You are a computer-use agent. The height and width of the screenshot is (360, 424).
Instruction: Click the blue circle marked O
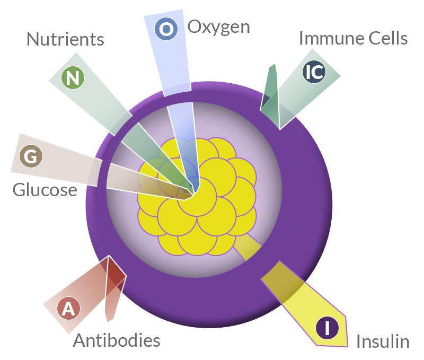166,29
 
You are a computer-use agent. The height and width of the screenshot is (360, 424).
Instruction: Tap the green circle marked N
73,78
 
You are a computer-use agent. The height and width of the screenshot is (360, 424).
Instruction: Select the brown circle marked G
31,156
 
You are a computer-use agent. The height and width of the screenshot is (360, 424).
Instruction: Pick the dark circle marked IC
314,72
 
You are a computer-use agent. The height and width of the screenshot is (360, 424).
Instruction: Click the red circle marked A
68,309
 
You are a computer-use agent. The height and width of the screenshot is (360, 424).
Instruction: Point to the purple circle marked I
327,328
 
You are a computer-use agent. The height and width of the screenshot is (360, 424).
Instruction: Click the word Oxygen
219,28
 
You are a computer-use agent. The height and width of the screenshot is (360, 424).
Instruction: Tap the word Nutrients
65,39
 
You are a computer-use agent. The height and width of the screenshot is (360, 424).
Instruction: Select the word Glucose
45,190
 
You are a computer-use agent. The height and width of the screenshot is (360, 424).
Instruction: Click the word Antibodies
117,340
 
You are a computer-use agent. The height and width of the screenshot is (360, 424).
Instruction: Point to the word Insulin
383,341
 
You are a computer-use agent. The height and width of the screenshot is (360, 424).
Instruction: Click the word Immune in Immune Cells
332,38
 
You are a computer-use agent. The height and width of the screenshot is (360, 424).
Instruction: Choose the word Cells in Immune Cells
388,38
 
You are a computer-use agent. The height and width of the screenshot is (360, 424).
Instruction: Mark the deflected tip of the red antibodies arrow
109,321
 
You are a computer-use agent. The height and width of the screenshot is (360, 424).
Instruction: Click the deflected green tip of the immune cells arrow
273,64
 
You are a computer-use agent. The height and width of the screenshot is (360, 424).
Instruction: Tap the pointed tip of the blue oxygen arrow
195,193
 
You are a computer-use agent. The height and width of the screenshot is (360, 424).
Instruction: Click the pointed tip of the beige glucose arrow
184,199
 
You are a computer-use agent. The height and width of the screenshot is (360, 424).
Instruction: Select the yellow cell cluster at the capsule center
197,197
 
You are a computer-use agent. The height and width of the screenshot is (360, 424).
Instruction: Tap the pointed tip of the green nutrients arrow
193,194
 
